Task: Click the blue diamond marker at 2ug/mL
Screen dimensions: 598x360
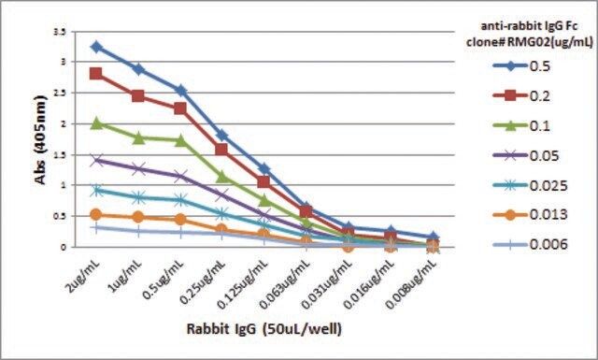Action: (x=96, y=47)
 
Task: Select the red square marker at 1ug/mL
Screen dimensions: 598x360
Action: (x=138, y=95)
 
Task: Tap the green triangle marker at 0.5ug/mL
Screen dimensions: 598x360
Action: (x=180, y=140)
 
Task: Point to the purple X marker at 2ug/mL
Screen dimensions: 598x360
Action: (x=96, y=160)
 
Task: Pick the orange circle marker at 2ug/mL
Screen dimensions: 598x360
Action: (x=96, y=215)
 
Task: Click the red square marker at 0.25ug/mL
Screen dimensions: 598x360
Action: (x=221, y=149)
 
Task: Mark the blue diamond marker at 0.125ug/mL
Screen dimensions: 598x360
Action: (x=263, y=168)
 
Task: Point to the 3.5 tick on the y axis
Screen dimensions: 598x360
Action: (x=61, y=32)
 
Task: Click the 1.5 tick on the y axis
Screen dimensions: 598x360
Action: (x=61, y=155)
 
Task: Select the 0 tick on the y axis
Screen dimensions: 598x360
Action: (x=64, y=247)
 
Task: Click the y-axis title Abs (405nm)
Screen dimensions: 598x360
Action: (x=40, y=139)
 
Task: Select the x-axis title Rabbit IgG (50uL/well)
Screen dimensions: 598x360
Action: (x=263, y=329)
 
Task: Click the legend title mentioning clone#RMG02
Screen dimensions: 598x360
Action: (x=530, y=34)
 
